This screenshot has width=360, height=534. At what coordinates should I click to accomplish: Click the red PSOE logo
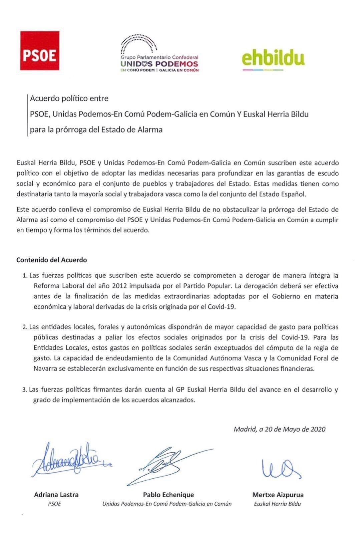pyautogui.click(x=40, y=51)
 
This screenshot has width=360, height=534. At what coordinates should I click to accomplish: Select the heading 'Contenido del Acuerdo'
pyautogui.click(x=52, y=260)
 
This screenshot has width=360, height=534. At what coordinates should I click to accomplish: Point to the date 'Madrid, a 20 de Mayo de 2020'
pyautogui.click(x=280, y=429)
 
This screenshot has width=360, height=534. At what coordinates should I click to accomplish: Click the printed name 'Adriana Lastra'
pyautogui.click(x=56, y=495)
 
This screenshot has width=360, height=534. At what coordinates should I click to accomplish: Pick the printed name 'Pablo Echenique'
pyautogui.click(x=168, y=495)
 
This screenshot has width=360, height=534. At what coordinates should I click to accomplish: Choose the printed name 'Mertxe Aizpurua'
pyautogui.click(x=278, y=495)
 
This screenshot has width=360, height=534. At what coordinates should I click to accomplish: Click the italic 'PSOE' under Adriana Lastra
pyautogui.click(x=55, y=504)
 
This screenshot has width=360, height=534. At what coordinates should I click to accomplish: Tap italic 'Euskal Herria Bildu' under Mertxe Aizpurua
pyautogui.click(x=277, y=504)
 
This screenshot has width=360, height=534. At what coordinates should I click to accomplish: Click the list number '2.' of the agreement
pyautogui.click(x=25, y=327)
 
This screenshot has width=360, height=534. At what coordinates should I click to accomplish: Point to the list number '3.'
pyautogui.click(x=25, y=389)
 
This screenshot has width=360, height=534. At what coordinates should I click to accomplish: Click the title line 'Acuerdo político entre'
pyautogui.click(x=69, y=98)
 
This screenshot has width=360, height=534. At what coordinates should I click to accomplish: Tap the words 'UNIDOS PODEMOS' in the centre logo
pyautogui.click(x=159, y=64)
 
